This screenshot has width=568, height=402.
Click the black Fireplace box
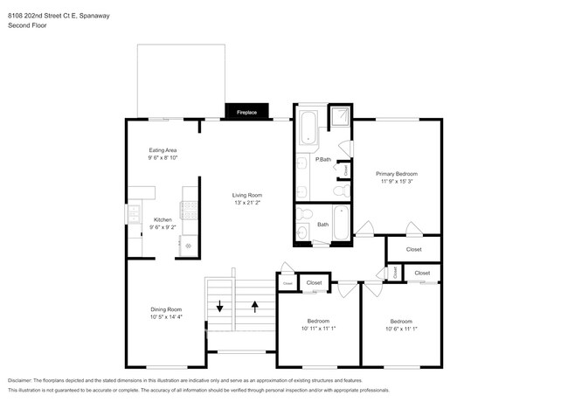point(247,112)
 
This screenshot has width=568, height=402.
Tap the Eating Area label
point(163,150)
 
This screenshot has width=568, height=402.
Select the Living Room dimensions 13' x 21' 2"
point(247,203)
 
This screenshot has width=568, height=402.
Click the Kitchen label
point(163,219)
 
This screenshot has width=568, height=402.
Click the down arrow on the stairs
point(220,306)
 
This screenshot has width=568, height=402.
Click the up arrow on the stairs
point(255,306)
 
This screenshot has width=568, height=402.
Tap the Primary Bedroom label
point(397,174)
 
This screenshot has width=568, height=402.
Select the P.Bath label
point(323,159)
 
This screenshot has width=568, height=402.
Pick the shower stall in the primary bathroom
point(338,116)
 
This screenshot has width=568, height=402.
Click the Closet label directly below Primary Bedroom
point(414,249)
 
